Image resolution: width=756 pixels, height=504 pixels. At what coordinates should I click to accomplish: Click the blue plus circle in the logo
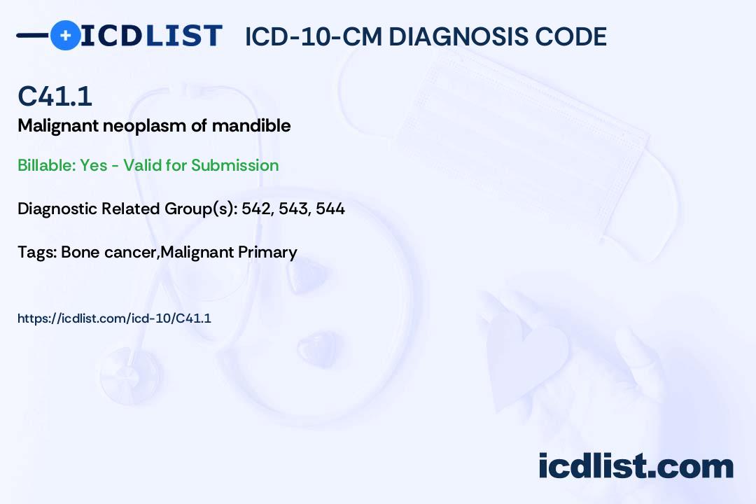tap(65, 36)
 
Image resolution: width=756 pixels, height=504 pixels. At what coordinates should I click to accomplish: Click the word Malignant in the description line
tap(58, 126)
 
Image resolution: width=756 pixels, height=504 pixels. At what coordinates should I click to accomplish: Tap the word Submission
tap(234, 165)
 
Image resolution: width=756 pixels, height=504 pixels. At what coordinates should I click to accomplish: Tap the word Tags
tap(37, 252)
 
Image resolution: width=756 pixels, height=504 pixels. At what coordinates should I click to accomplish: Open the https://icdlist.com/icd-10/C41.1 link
tap(114, 318)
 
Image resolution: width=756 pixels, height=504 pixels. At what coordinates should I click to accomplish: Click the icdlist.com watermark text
tap(636, 465)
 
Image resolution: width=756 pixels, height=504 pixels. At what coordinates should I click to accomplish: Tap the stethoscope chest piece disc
tap(129, 376)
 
